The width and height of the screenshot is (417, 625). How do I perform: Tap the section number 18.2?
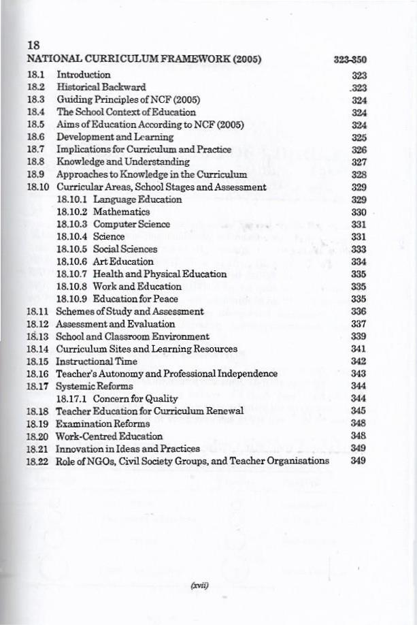[35, 86]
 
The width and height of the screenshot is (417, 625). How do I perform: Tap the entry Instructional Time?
[96, 362]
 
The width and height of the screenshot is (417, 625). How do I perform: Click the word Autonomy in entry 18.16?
[131, 374]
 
